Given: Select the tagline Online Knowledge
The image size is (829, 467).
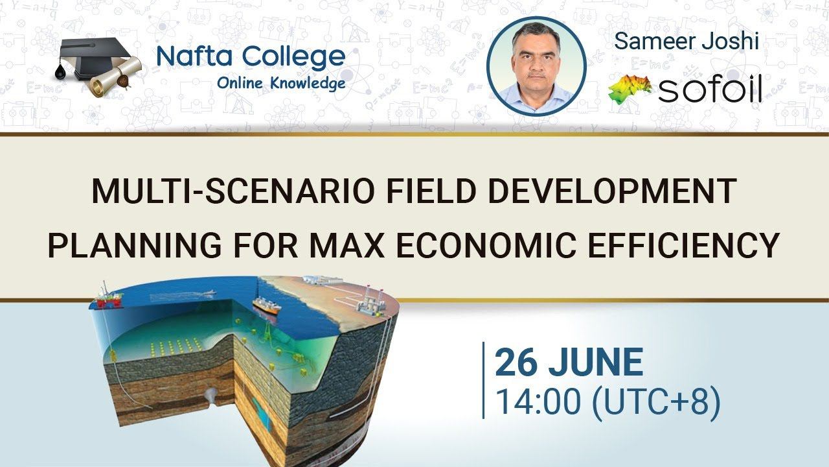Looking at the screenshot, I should point(280,84).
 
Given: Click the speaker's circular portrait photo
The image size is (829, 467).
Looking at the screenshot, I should point(536,66).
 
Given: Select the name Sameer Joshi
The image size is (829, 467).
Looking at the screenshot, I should point(686,42).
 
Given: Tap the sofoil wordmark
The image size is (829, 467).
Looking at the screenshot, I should point(710,91).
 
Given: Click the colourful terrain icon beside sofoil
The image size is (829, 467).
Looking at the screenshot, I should point(629,89).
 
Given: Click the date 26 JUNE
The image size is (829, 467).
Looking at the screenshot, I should point(569,363).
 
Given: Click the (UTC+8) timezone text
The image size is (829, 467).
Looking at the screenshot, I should point(655,401).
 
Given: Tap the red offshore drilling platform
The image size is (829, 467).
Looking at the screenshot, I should point(109,298).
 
